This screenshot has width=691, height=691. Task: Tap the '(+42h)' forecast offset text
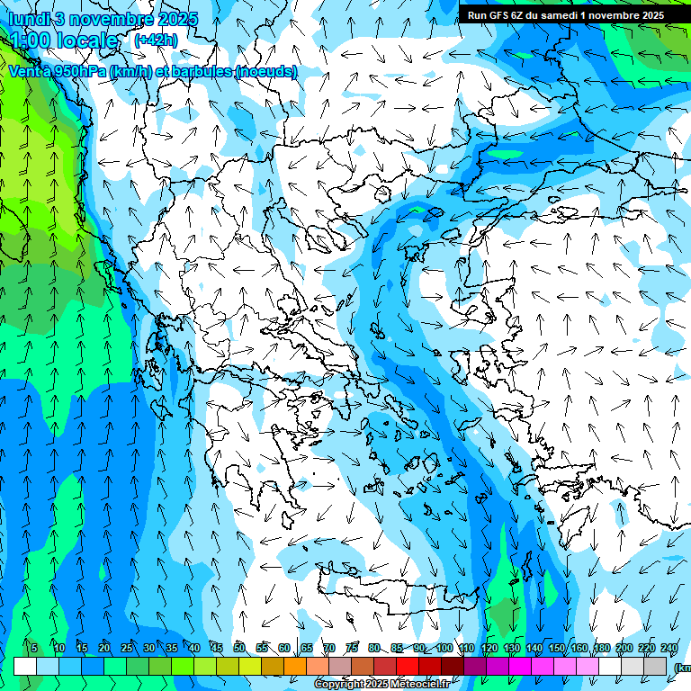point(156,40)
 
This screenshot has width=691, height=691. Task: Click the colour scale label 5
point(33,649)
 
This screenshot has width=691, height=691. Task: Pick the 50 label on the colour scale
point(239,649)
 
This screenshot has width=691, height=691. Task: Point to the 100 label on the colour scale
point(444,649)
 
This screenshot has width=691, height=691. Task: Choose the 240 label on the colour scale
point(669,649)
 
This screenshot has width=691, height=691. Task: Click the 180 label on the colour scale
point(602,649)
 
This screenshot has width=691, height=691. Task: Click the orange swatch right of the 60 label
point(295,666)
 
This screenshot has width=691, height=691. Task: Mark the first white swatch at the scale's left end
point(25,666)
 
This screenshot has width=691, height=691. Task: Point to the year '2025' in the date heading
point(177,18)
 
